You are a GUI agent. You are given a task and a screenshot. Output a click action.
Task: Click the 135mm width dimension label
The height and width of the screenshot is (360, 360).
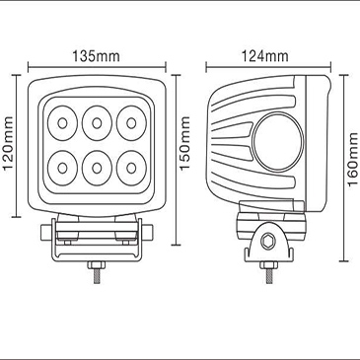(96, 56)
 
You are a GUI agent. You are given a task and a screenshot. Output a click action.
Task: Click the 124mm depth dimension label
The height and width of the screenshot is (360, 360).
(264, 56)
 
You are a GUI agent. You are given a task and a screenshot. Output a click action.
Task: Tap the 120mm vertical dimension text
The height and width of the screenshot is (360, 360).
(9, 143)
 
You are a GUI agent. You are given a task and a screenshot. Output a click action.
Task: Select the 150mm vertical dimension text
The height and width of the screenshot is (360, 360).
(185, 143)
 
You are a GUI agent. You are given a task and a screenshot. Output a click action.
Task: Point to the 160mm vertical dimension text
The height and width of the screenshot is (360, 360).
(352, 159)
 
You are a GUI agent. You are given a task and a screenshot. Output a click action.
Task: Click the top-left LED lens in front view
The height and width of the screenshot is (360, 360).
(62, 123)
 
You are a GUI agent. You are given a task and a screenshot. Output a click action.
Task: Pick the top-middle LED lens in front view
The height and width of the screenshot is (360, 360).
(97, 123)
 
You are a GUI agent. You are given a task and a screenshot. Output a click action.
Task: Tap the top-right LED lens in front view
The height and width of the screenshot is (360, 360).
(131, 123)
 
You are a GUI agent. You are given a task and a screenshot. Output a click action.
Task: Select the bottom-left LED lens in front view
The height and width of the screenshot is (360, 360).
(62, 168)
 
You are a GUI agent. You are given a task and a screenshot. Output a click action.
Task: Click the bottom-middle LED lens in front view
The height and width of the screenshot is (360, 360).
(97, 168)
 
